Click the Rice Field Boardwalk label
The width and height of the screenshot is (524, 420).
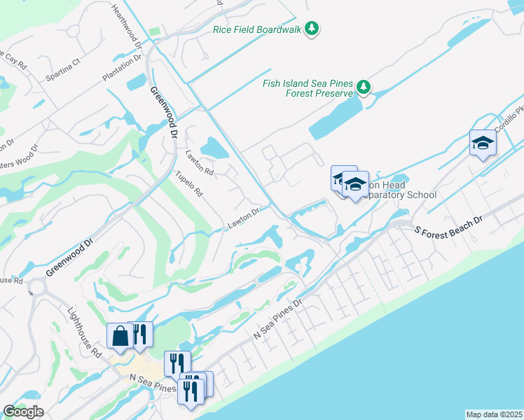point(257,29)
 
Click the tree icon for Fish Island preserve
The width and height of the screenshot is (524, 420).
point(363,87)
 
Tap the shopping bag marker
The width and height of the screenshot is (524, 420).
point(120,335)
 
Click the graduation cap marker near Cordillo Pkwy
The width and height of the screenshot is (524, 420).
point(482,143)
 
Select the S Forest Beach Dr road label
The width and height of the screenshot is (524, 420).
point(448,225)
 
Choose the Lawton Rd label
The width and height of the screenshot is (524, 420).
point(199,163)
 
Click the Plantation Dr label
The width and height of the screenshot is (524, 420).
point(118,69)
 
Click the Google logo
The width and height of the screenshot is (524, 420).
point(24,412)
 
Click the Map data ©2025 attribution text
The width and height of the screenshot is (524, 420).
point(495,414)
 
